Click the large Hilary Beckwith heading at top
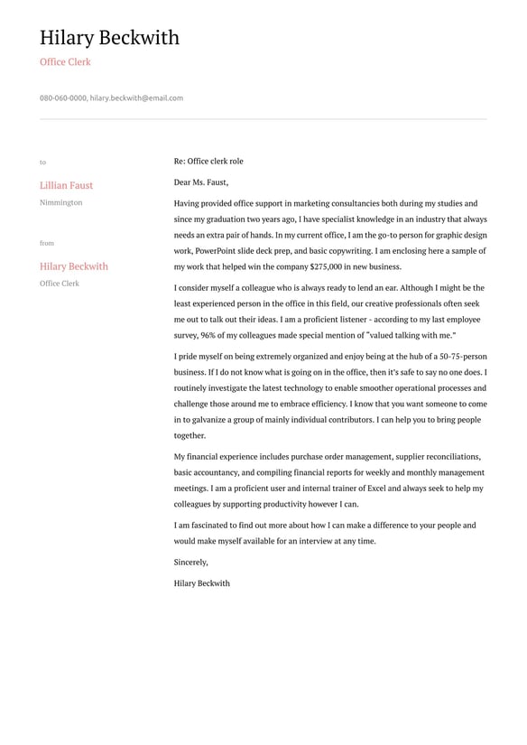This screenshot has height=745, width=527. [x=109, y=38]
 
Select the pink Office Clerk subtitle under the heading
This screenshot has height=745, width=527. [x=65, y=62]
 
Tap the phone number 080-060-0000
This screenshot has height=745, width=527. [x=63, y=98]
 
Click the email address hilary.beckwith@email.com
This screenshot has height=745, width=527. [x=136, y=98]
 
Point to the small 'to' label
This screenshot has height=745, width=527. [x=42, y=163]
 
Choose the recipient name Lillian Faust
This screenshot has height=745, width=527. [x=66, y=185]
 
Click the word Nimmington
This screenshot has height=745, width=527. [x=60, y=202]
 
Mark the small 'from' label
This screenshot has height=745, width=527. [x=47, y=243]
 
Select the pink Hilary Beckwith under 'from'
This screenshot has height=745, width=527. [x=73, y=266]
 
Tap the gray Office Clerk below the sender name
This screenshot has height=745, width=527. [x=60, y=284]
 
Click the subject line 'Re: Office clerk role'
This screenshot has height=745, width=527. [x=208, y=162]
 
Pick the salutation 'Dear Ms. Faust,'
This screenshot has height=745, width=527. [x=201, y=182]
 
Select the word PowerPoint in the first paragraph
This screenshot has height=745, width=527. [x=217, y=251]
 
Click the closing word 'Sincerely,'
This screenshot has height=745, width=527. [x=191, y=562]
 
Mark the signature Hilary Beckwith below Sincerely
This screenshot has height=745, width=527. [x=202, y=583]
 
